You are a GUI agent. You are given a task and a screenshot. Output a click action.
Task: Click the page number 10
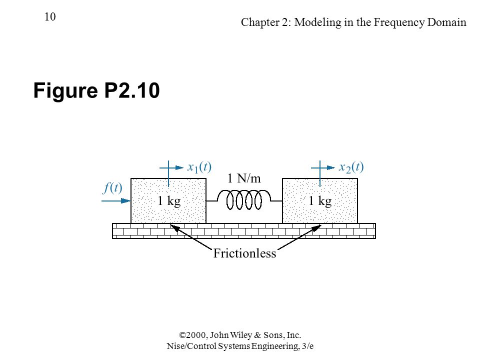pyautogui.click(x=50, y=16)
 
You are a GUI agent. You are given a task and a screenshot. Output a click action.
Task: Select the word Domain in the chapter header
pyautogui.click(x=447, y=22)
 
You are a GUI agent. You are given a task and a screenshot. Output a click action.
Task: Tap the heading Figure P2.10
pyautogui.click(x=96, y=90)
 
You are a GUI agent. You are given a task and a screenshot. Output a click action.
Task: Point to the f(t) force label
pyautogui.click(x=112, y=187)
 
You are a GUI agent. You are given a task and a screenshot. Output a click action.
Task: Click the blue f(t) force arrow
pyautogui.click(x=116, y=201)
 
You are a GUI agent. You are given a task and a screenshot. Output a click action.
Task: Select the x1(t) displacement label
pyautogui.click(x=199, y=167)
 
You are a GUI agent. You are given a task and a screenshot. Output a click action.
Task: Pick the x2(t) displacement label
pyautogui.click(x=351, y=167)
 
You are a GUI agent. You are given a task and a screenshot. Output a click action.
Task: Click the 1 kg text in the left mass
pyautogui.click(x=169, y=201)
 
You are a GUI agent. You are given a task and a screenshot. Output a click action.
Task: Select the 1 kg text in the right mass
pyautogui.click(x=320, y=201)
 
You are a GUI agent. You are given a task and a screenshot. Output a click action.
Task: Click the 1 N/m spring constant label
pyautogui.click(x=244, y=178)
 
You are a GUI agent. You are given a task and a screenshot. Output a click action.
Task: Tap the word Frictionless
pyautogui.click(x=244, y=253)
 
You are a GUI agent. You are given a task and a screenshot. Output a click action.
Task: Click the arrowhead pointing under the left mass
pyautogui.click(x=174, y=227)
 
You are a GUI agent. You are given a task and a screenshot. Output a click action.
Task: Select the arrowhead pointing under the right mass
pyautogui.click(x=317, y=227)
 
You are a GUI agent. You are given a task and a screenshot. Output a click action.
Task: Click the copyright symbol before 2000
pyautogui.click(x=183, y=335)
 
